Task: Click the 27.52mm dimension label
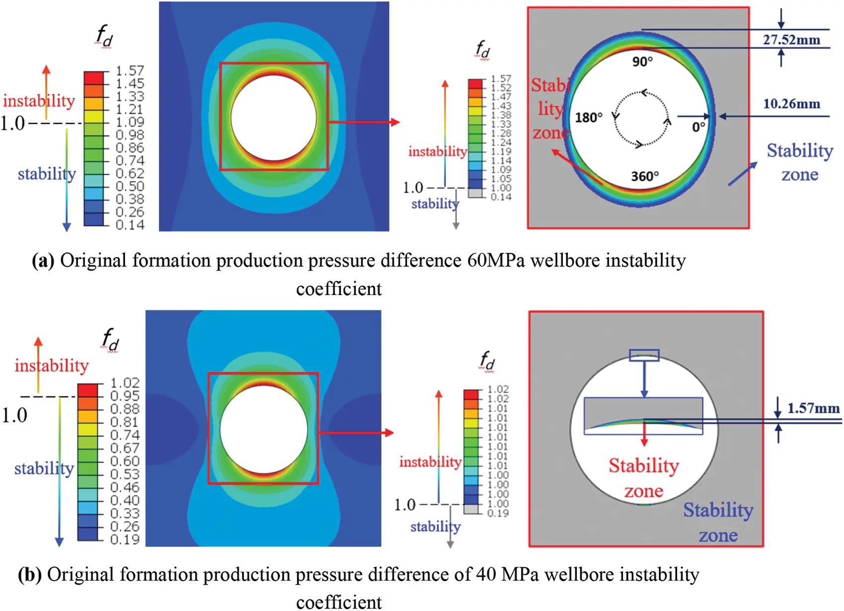(791, 40)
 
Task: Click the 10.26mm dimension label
(791, 104)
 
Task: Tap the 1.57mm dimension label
(813, 408)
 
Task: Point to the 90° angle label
(642, 62)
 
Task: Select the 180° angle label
(589, 118)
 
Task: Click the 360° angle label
(645, 176)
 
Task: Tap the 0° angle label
(699, 127)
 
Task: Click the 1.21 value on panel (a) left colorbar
(130, 109)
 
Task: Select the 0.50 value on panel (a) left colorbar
(130, 186)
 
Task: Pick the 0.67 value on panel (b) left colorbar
(125, 448)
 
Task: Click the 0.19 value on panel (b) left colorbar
(125, 539)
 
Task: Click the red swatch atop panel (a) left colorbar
(93, 78)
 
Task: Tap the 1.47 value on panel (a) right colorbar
(501, 97)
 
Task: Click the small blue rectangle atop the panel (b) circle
(644, 355)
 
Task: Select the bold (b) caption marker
(30, 575)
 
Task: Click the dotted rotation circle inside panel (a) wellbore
(641, 119)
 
